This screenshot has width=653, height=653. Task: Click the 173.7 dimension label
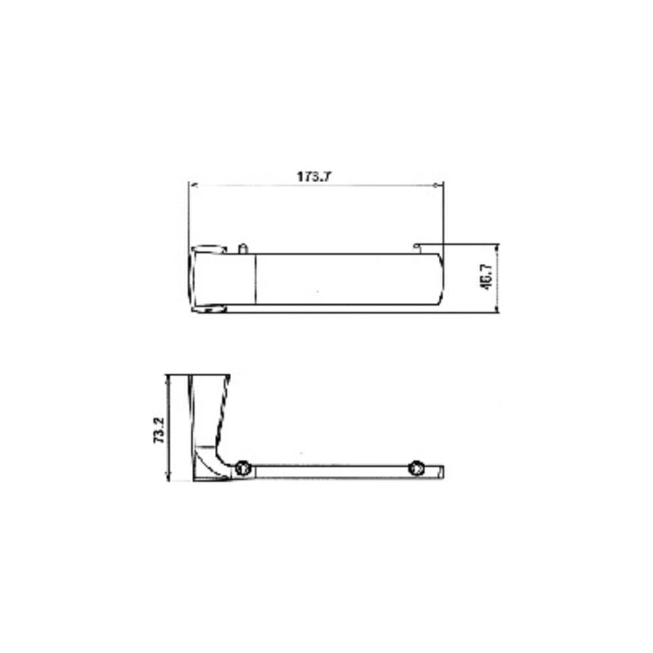[x=314, y=176]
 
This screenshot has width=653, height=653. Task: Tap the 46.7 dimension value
[x=486, y=278]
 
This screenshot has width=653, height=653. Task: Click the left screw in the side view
[x=242, y=468]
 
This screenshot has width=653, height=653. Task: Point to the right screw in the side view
[x=416, y=468]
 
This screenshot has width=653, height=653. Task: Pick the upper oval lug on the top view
[x=209, y=249]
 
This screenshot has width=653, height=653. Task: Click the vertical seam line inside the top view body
[x=255, y=279]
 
